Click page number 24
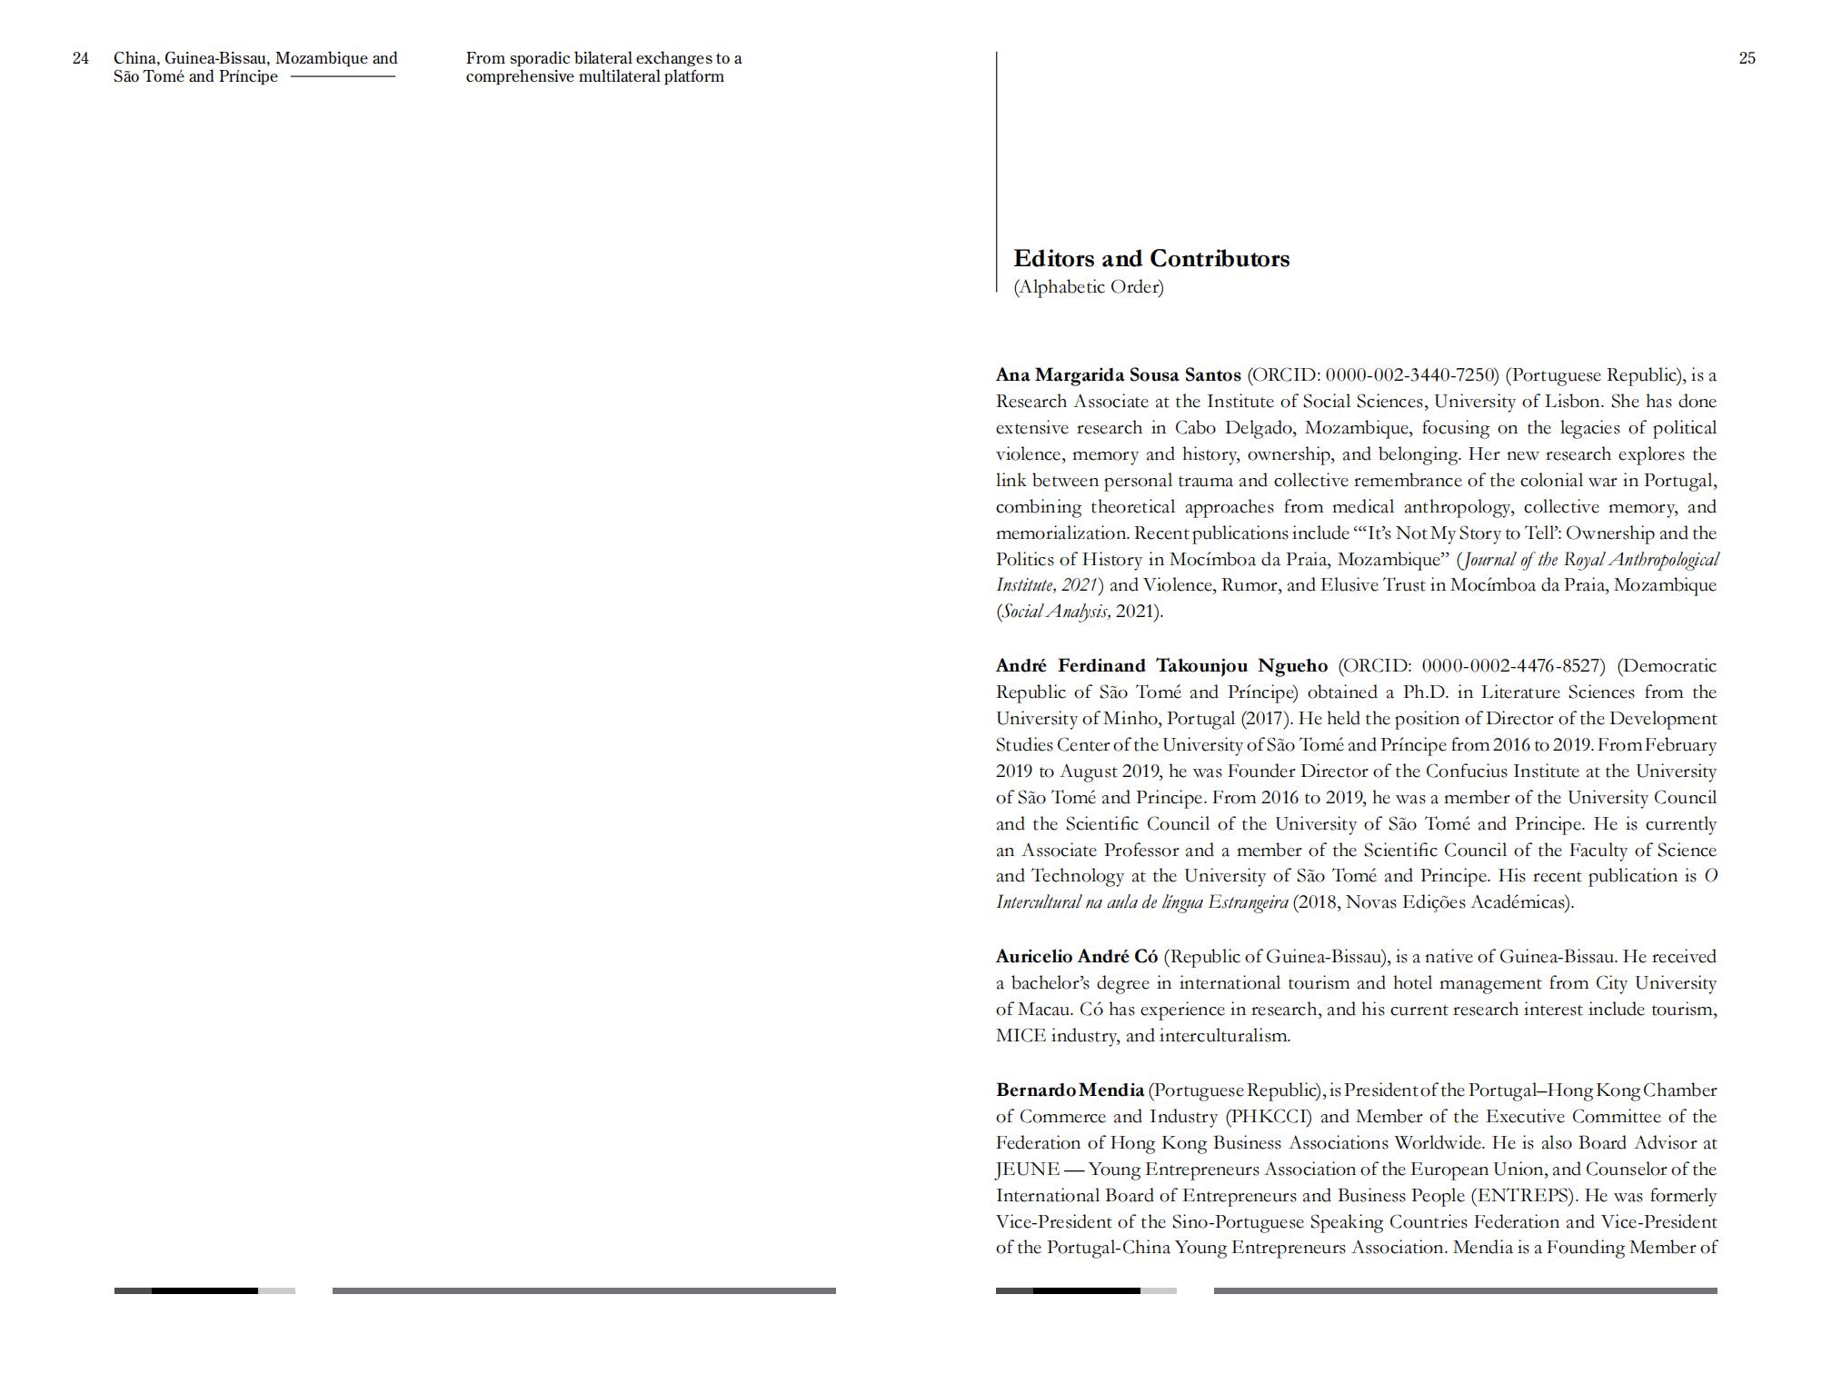tap(81, 58)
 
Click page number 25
tap(1747, 58)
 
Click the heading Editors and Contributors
tap(1151, 259)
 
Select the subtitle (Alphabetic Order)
tap(1089, 287)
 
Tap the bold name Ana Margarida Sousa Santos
tap(1118, 375)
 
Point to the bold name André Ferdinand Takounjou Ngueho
tap(1161, 666)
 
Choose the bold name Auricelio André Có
tap(1077, 957)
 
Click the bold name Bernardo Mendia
tap(1070, 1090)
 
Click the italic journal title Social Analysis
tap(1055, 612)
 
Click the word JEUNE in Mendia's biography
tap(1027, 1170)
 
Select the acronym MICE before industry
tap(1021, 1036)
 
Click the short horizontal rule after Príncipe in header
tap(343, 76)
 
